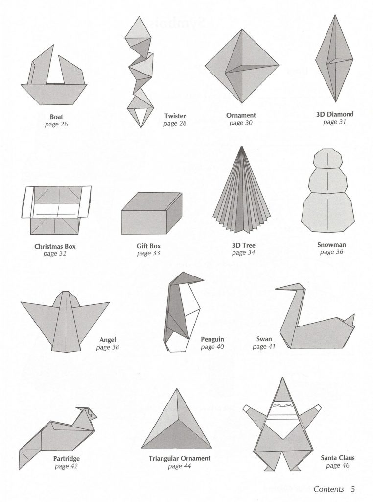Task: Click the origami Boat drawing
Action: coord(54,77)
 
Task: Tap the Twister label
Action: coord(175,116)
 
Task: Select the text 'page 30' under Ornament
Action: coord(241,123)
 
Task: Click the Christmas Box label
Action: coord(55,246)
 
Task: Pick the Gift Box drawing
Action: coord(152,213)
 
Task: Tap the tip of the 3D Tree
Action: coord(242,147)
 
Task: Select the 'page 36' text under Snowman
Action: coord(331,252)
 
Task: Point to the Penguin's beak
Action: coord(196,279)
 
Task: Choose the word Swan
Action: coord(264,339)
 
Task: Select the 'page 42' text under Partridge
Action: coord(66,466)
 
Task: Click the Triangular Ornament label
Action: coord(180,458)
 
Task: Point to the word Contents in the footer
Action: coord(328,489)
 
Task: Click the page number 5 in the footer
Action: coord(353,489)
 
